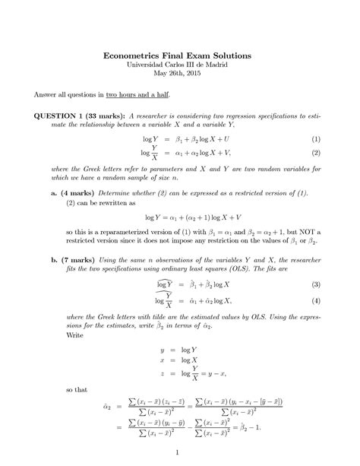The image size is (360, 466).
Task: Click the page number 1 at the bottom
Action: click(x=175, y=454)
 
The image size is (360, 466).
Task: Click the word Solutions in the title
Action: click(x=230, y=56)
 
